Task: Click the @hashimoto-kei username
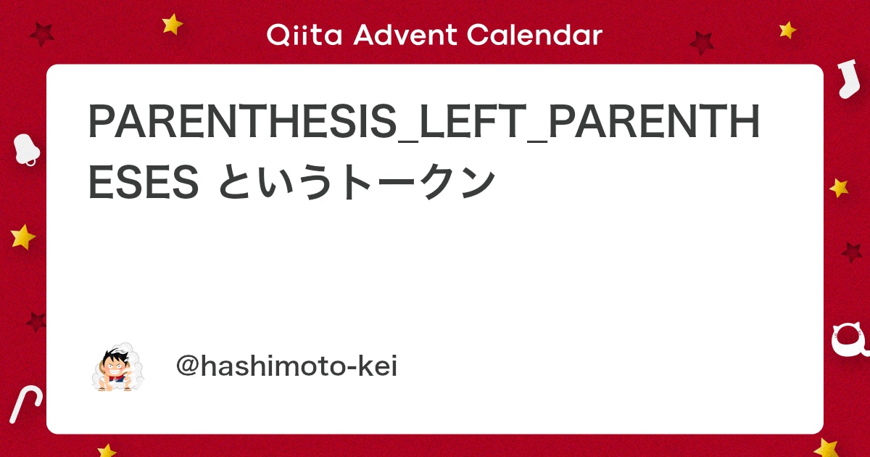[286, 367]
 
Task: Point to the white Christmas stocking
[845, 80]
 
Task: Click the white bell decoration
[26, 149]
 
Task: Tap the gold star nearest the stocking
[787, 30]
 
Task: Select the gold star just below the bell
[23, 236]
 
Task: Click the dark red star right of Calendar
[702, 43]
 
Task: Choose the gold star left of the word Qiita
[173, 24]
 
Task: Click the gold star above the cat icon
[839, 188]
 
